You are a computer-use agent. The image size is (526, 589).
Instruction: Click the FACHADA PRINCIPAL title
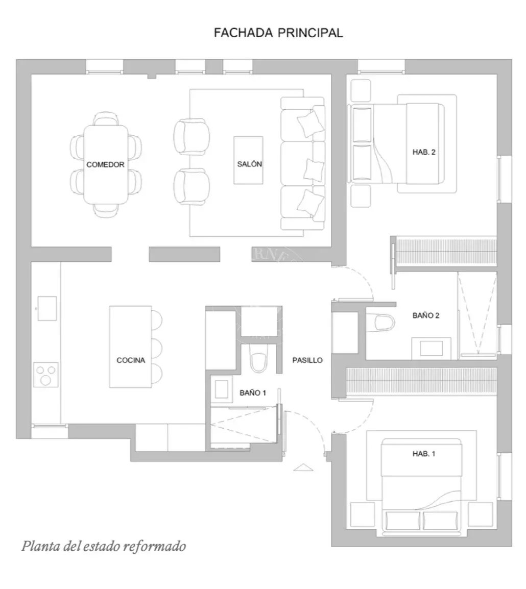point(278,33)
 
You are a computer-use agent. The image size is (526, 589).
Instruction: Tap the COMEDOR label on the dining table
point(105,164)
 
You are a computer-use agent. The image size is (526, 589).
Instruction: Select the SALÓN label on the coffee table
point(250,164)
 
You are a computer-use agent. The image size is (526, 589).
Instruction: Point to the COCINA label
point(131,360)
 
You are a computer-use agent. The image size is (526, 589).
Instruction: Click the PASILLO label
point(307,360)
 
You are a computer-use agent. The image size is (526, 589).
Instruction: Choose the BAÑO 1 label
point(253,393)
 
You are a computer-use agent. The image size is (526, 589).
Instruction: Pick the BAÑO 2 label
point(426,315)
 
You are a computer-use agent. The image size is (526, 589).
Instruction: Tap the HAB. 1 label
point(424,454)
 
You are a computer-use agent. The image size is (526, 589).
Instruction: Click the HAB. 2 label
point(424,152)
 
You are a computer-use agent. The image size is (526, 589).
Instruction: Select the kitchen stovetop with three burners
point(46,375)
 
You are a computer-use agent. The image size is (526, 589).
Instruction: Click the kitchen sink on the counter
point(47,308)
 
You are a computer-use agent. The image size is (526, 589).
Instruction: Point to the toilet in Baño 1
point(258,359)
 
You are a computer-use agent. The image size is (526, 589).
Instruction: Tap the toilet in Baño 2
point(380,323)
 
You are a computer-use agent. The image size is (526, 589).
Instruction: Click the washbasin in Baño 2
point(432,348)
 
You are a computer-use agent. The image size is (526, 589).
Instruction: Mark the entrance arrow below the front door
point(303,468)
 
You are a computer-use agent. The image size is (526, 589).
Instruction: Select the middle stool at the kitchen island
point(157,348)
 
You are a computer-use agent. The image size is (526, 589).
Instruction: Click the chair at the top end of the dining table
point(106,119)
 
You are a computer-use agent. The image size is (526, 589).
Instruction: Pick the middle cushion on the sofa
point(314,170)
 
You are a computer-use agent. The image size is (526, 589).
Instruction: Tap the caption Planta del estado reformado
point(103,546)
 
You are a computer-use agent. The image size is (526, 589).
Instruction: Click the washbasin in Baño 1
point(221,389)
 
